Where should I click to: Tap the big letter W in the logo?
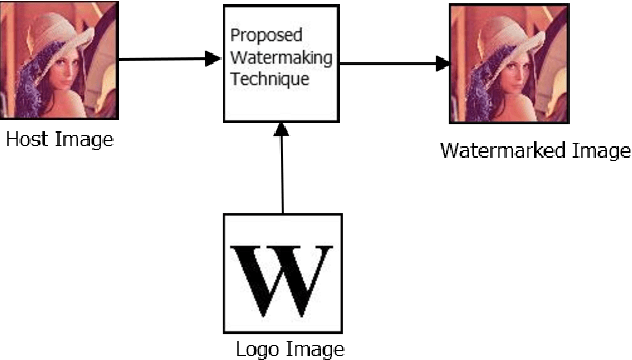coord(283,273)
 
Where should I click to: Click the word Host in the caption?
coord(26,140)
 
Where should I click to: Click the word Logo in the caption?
coord(255,349)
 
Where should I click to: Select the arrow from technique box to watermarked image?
coord(390,64)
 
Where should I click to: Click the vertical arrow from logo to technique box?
coord(283,170)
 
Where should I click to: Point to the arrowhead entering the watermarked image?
coord(441,65)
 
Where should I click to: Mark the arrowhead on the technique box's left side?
coord(212,60)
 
